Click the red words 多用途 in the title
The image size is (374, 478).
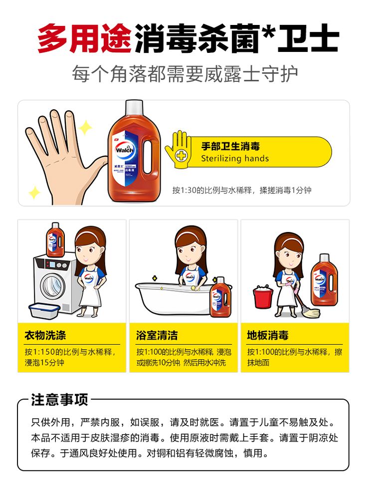84,38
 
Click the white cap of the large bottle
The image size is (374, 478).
134,107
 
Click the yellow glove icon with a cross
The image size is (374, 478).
178,149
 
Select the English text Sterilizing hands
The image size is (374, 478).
235,159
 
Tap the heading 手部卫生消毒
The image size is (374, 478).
230,146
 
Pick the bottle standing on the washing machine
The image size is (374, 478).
55,239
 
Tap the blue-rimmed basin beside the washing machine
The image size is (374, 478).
44,310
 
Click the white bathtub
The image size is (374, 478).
174,299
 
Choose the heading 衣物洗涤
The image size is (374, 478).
45,335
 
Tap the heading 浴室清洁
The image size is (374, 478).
157,335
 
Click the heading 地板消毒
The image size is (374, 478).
268,335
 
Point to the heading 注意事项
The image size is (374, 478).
60,400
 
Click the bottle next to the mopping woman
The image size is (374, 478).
325,279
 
